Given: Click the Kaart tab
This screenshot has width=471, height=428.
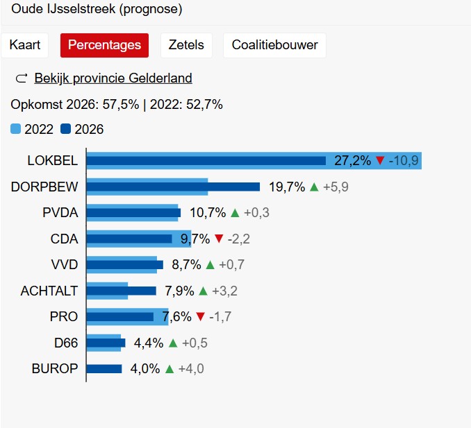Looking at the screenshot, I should (25, 45).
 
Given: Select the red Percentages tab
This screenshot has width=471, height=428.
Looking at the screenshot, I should (104, 45).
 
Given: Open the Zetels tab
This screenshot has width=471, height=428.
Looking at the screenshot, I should (186, 45).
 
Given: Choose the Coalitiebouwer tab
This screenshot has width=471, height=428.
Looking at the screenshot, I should (274, 45).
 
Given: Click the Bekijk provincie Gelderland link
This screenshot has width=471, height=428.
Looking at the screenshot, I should (113, 78).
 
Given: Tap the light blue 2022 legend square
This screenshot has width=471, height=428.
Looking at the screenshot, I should (16, 128).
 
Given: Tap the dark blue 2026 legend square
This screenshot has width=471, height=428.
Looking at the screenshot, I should (66, 128).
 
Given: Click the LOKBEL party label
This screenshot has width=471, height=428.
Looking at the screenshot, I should (53, 160).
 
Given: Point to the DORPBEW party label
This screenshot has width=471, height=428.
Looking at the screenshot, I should (44, 187).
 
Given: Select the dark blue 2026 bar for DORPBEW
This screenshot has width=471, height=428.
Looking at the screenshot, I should (174, 187).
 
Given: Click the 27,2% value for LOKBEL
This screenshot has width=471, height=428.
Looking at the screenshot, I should (352, 161).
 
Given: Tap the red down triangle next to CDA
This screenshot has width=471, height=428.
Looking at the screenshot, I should (219, 239).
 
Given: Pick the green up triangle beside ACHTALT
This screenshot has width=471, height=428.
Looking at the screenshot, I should (203, 291).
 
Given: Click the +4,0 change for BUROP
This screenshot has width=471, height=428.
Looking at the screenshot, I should (191, 368).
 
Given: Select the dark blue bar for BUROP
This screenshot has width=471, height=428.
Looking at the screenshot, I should (104, 368).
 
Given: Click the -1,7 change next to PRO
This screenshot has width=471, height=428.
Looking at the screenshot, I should (220, 316).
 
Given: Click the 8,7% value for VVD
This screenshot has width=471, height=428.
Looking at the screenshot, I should (186, 264).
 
